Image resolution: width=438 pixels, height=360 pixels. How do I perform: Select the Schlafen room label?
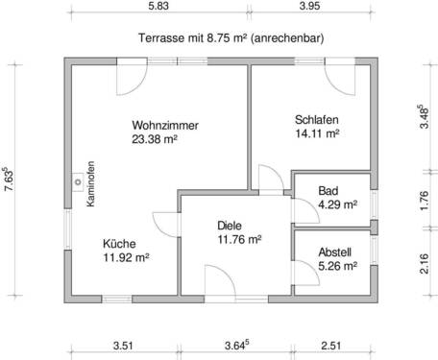[x=316, y=120]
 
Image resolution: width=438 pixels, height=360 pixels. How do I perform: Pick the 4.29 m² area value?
[x=337, y=204]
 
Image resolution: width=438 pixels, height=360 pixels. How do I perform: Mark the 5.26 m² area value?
[x=337, y=266]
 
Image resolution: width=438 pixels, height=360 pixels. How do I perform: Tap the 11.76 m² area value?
[x=239, y=240]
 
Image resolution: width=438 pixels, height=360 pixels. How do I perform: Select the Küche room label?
[x=120, y=243]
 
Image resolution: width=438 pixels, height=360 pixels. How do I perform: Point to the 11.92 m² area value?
[x=125, y=257]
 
